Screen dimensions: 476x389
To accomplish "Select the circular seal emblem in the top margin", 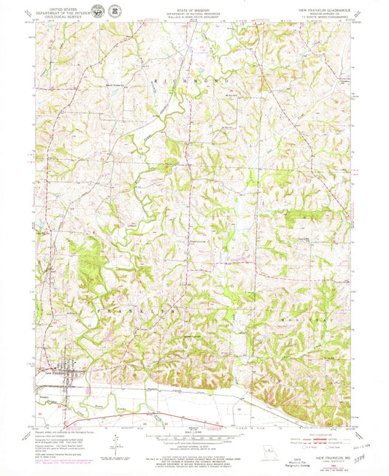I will [x=115, y=11].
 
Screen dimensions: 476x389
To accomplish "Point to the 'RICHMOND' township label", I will [x=193, y=79].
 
